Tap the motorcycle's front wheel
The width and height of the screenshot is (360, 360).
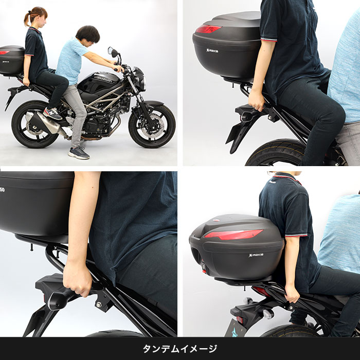(x=151, y=126)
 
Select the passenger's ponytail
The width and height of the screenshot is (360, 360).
(x=27, y=20)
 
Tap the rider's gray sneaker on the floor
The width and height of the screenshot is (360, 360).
(x=79, y=153)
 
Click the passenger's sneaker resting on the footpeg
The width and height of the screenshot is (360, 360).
(x=52, y=113)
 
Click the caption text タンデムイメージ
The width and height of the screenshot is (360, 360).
(x=180, y=349)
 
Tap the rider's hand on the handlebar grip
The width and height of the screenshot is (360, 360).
(x=119, y=68)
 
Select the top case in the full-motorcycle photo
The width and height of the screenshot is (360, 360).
(x=11, y=59)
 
